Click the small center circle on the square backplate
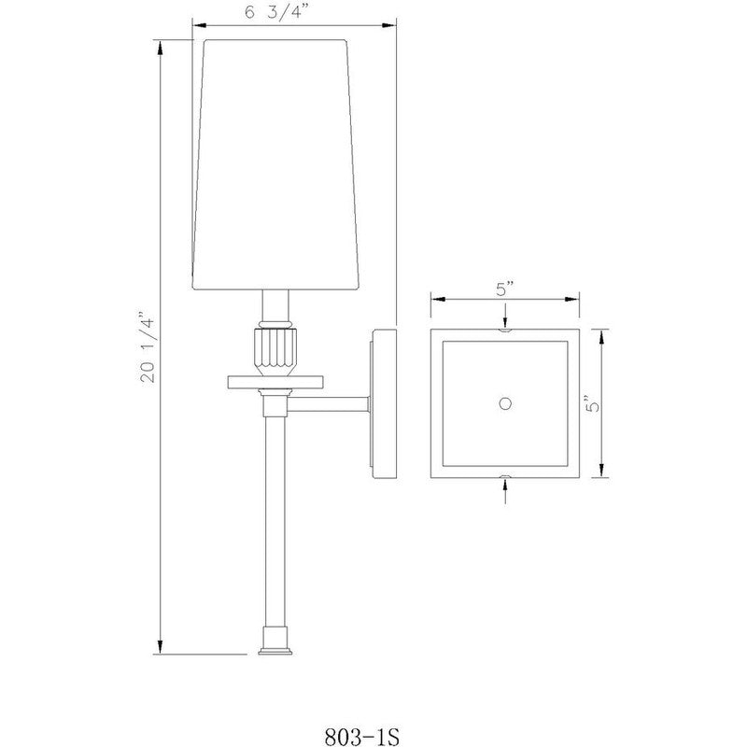pos(505,402)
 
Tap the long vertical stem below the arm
pos(275,523)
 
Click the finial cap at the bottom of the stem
pos(275,641)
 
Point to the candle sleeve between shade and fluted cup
pos(275,305)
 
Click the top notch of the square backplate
pos(505,330)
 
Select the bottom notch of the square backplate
pos(505,476)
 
